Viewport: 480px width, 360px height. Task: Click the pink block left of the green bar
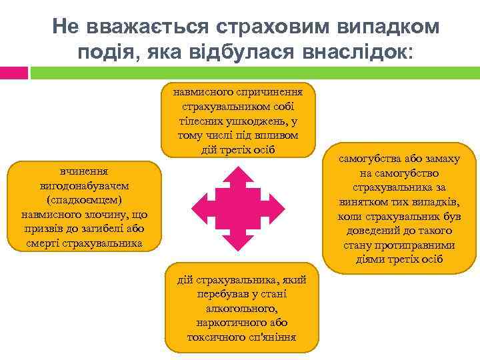14,72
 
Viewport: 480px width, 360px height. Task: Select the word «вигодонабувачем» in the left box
84,186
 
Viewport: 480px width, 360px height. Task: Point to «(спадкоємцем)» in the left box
84,201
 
